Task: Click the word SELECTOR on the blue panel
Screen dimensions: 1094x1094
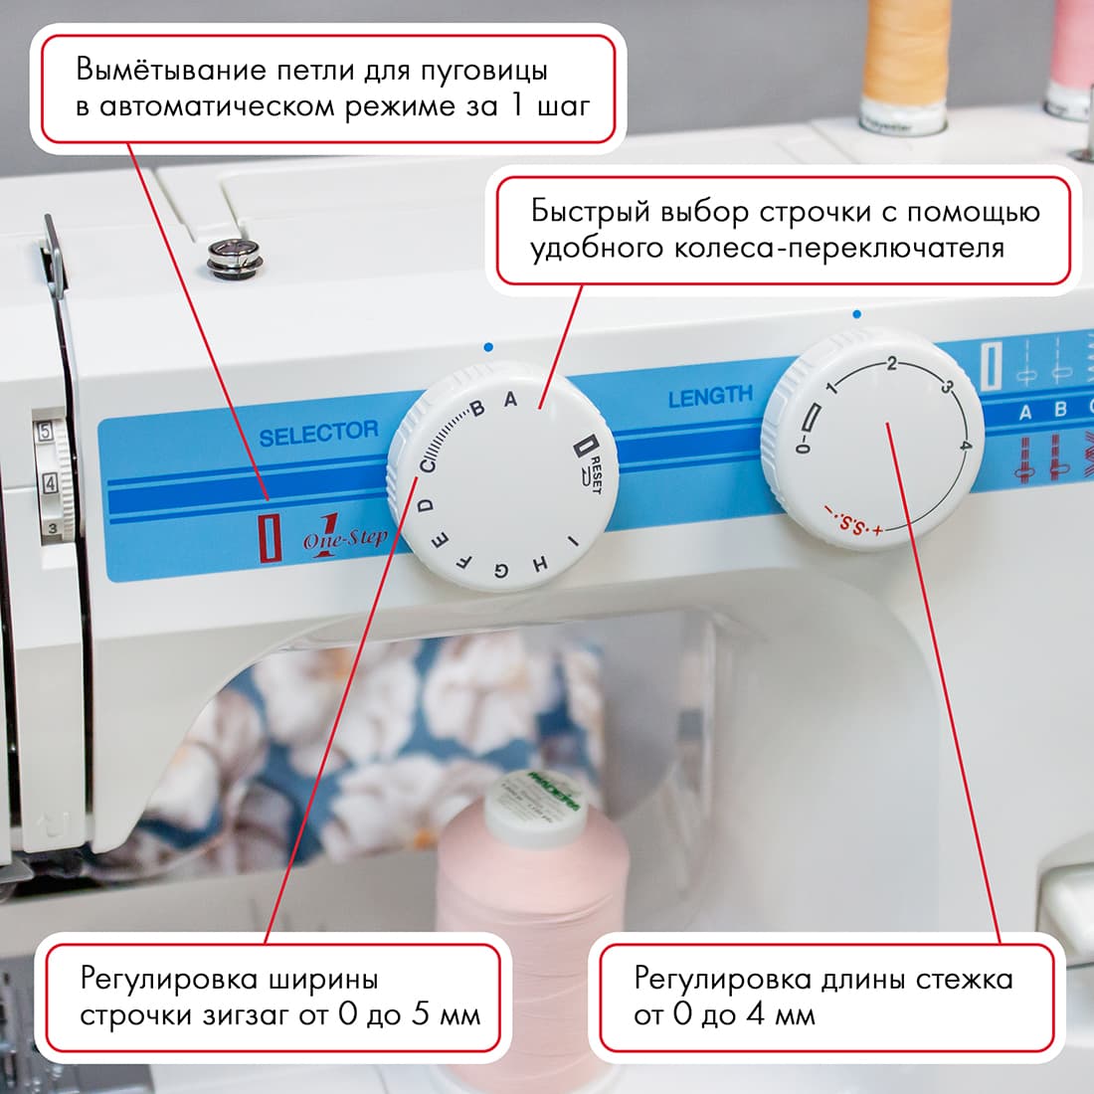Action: [318, 433]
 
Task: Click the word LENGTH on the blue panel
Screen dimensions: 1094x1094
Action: [710, 397]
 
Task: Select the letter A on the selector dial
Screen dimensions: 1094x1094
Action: [511, 400]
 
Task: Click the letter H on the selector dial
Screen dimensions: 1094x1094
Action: [540, 564]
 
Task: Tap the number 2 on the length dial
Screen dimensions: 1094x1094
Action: [892, 364]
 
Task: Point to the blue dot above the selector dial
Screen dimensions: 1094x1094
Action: [487, 347]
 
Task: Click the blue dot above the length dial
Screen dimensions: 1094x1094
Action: [857, 314]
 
